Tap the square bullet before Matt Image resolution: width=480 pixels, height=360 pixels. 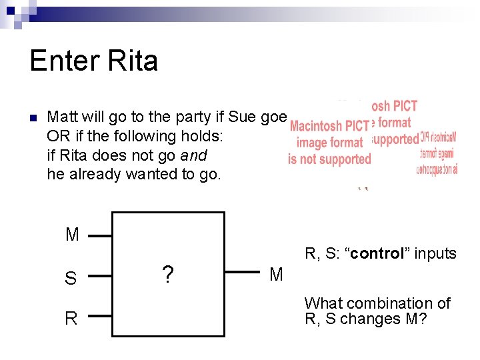click(33, 119)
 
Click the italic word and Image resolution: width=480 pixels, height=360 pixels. click(194, 155)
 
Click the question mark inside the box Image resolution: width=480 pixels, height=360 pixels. click(168, 274)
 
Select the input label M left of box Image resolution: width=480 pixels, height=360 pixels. click(72, 235)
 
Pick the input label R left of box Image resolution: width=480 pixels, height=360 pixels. click(71, 318)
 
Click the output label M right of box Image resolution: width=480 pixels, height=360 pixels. click(276, 274)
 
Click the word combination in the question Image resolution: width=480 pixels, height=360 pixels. click(378, 303)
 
